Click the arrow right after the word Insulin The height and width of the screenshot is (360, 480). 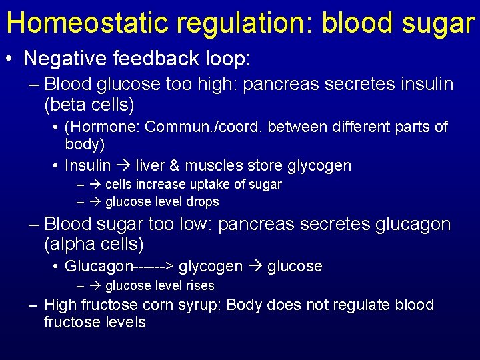pyautogui.click(x=123, y=165)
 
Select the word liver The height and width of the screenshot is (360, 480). pyautogui.click(x=149, y=165)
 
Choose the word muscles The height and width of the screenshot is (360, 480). pyautogui.click(x=208, y=165)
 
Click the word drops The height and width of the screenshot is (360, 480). pyautogui.click(x=203, y=201)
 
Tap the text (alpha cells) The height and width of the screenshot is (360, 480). pyautogui.click(x=93, y=245)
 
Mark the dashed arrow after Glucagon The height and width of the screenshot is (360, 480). pyautogui.click(x=153, y=267)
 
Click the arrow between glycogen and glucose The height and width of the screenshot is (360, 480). pyautogui.click(x=255, y=267)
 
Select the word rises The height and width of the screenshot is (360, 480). pyautogui.click(x=199, y=285)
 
